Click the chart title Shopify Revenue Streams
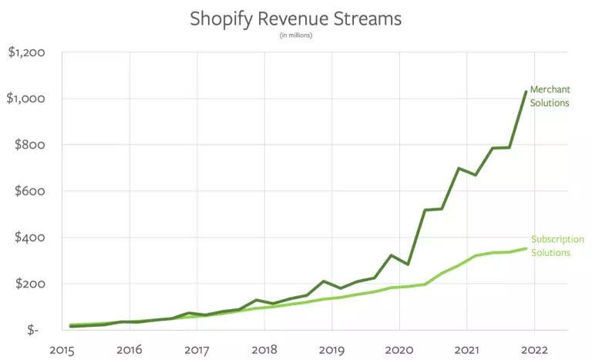(x=295, y=18)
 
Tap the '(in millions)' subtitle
(x=295, y=35)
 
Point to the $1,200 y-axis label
(x=25, y=52)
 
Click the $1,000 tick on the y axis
(x=25, y=99)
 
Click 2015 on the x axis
(x=62, y=348)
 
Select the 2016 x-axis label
(x=129, y=348)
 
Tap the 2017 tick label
(x=197, y=348)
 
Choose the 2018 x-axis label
(x=264, y=348)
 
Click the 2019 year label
(x=331, y=348)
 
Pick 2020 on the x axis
(x=399, y=348)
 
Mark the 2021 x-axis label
(x=466, y=348)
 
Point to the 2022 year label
(x=533, y=348)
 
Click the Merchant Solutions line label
(x=550, y=96)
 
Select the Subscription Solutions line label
(x=557, y=246)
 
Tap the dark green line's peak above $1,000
(x=526, y=92)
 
